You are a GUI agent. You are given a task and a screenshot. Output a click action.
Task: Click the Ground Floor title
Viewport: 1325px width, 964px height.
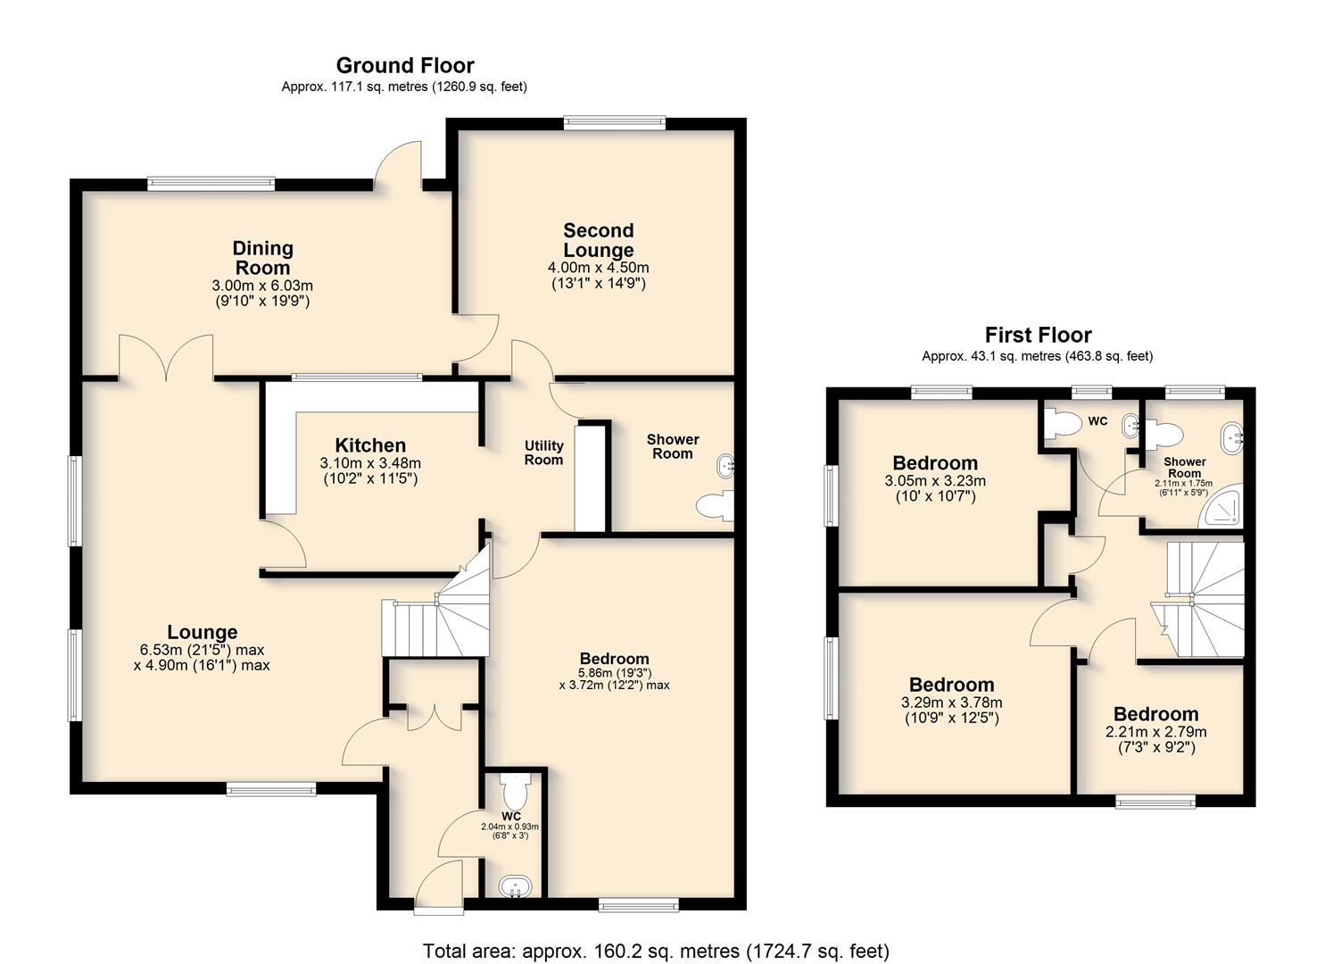405,65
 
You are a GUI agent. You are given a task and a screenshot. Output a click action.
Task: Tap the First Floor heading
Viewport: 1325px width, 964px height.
1038,335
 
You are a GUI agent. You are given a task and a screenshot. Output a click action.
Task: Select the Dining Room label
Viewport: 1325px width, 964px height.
262,257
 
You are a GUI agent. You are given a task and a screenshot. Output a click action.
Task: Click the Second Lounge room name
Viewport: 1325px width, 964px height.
599,240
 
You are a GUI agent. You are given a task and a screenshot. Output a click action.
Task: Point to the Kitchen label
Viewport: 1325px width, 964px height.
370,445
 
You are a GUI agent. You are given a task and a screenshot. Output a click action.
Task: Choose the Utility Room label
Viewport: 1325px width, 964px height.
543,453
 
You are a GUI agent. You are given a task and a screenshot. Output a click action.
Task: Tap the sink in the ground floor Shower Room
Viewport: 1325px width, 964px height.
725,466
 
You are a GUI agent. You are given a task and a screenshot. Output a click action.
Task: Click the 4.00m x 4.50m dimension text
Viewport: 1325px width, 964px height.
598,268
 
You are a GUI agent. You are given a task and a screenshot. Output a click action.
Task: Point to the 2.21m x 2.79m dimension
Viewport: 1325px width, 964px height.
1155,732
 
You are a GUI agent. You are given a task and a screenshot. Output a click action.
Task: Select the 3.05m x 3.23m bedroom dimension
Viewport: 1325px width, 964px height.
935,481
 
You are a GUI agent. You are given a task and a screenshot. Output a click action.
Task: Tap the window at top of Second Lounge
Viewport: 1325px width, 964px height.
614,124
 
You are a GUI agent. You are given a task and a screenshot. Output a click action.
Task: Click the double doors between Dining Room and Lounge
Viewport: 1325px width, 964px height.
166,357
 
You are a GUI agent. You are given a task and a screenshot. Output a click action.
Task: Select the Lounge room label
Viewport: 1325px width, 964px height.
203,631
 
